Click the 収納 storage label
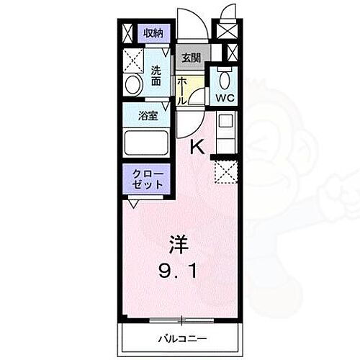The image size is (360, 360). coord(152,32)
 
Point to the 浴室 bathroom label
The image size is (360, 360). coord(148,115)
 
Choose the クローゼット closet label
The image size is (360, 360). coord(148,179)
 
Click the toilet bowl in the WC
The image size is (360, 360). coord(223,78)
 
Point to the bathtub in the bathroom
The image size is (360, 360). coord(146,143)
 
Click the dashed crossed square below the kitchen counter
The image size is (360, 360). coord(225,171)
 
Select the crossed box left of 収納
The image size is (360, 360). coord(128,33)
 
